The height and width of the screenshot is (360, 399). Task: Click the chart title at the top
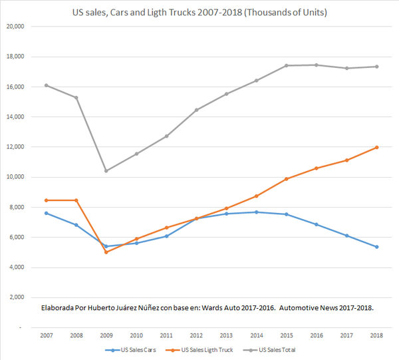coord(199,12)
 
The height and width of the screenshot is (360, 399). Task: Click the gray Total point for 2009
coord(106,171)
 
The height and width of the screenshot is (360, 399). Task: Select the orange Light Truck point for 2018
coord(376,147)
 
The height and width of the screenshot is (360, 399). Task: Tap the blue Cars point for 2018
coord(376,247)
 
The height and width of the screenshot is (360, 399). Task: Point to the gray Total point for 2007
coord(47,85)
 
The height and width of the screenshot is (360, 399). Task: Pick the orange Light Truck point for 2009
coord(106,252)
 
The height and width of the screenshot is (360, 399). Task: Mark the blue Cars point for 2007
coord(47,213)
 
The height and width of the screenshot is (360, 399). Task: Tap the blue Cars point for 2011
coord(166,236)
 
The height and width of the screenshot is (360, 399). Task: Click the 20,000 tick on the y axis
coord(15,27)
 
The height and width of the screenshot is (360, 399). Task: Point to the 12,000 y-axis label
coord(15,147)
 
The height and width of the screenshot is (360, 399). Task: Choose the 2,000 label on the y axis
coord(16,297)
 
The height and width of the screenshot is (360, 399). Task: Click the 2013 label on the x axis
coord(226,335)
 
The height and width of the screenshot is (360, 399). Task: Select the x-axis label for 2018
coord(376,335)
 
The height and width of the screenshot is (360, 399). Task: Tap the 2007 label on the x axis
coord(47,335)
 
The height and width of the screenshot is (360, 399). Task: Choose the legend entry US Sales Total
coord(278,349)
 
